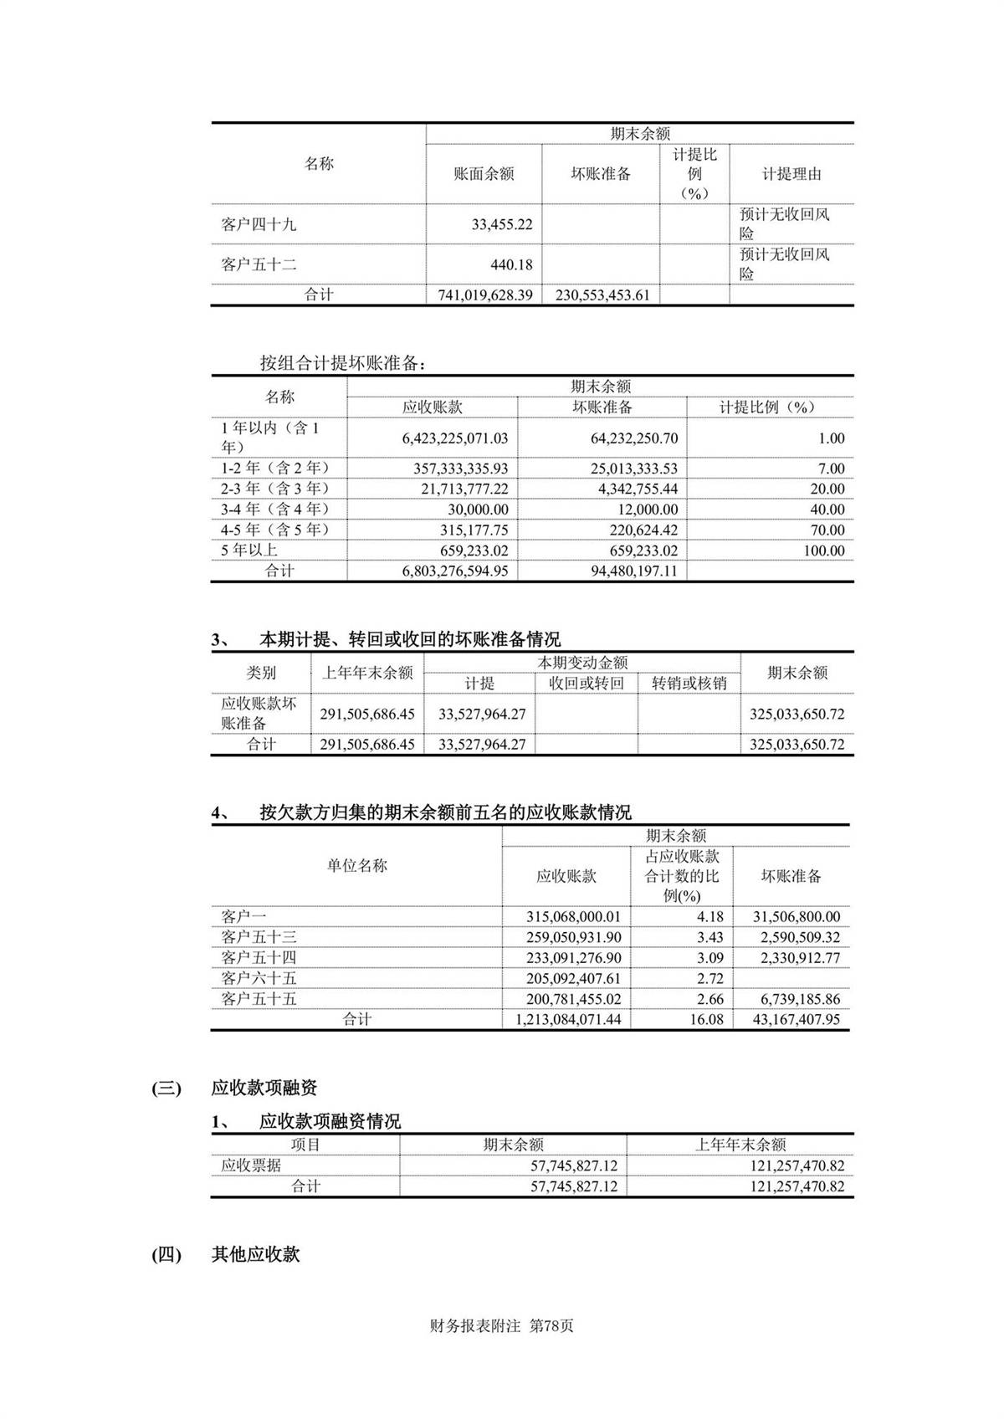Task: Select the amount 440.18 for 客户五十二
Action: click(x=511, y=264)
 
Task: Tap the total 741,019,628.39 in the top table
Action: click(x=485, y=295)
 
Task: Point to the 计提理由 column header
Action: click(x=791, y=174)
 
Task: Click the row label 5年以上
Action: click(x=249, y=550)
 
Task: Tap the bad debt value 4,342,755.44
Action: click(x=634, y=489)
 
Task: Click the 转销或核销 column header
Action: click(x=689, y=684)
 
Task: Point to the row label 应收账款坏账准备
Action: click(x=259, y=713)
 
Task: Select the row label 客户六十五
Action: click(x=259, y=978)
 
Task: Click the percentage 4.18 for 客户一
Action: click(x=709, y=917)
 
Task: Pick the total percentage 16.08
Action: click(x=706, y=1020)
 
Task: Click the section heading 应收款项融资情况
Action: click(x=330, y=1121)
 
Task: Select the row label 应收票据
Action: click(x=251, y=1165)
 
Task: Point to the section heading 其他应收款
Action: click(x=255, y=1254)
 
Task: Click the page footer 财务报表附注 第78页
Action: click(x=501, y=1326)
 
